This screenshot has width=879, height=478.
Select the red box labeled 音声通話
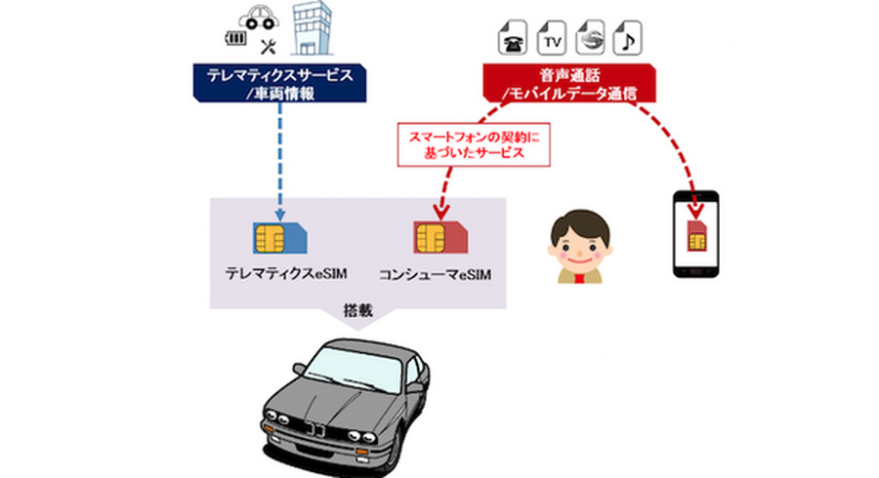[x=566, y=82]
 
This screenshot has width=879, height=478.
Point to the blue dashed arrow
[x=280, y=156]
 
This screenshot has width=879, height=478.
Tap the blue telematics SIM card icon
[x=276, y=236]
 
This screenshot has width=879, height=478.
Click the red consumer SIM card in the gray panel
[x=438, y=237]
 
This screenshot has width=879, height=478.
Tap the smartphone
[x=695, y=235]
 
